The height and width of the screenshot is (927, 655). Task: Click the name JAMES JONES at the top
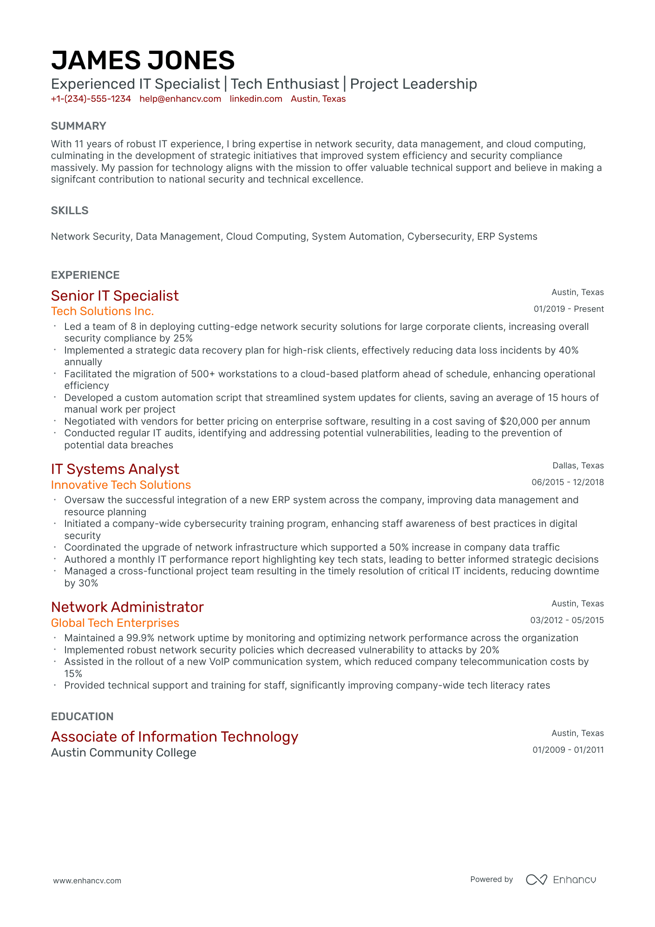click(143, 60)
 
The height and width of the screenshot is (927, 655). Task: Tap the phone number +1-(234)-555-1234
click(91, 99)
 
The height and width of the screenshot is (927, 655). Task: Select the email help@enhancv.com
click(180, 99)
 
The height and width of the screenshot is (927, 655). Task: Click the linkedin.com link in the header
click(256, 99)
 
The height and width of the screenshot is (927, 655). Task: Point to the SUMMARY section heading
click(79, 126)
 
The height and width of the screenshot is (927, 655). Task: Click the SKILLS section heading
click(70, 210)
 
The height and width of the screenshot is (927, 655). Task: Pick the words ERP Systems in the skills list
click(507, 237)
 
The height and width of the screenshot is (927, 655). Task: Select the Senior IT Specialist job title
click(115, 296)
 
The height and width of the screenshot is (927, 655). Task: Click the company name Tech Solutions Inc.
click(102, 311)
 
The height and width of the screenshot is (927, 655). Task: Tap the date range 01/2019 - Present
click(568, 309)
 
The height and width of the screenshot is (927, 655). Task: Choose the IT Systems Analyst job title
click(115, 469)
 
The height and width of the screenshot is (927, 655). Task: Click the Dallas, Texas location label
click(578, 466)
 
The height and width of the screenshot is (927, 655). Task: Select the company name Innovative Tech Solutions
click(121, 485)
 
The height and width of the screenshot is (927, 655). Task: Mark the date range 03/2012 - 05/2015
click(567, 620)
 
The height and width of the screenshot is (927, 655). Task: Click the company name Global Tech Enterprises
click(115, 623)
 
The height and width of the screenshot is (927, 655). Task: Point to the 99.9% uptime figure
click(140, 638)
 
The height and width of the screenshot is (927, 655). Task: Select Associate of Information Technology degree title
click(174, 737)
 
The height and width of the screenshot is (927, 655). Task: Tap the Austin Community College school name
click(124, 753)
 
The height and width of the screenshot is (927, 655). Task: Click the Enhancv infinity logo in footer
click(536, 880)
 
